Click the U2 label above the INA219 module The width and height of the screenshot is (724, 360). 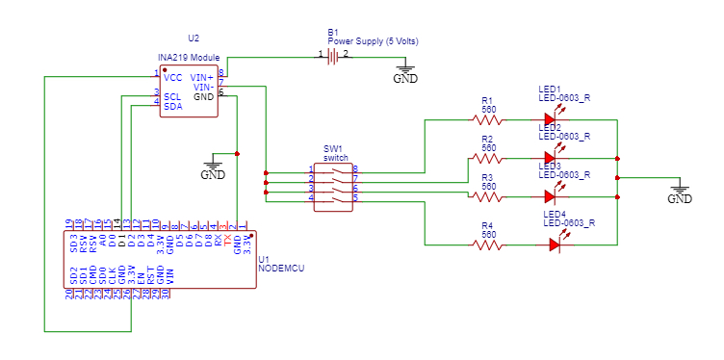pos(194,39)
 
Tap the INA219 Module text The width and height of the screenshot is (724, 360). pos(189,59)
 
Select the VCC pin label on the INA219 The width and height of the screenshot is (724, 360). pos(173,76)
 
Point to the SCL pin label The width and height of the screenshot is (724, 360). pos(172,96)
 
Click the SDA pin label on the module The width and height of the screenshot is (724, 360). pos(173,106)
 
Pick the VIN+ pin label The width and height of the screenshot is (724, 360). pos(202,76)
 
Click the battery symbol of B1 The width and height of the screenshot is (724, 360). pos(333,58)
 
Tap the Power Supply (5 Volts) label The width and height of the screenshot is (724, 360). pos(372,41)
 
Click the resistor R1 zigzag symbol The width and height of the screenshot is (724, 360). pos(488,120)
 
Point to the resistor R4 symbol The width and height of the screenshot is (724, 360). pos(488,244)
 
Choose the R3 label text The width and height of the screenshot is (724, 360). pos(487,178)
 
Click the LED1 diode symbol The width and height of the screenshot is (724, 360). pos(551,120)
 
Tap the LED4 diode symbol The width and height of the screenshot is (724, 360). pos(556,244)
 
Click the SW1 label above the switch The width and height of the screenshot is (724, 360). pos(332,149)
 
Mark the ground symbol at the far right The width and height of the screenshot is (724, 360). pos(680,193)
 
